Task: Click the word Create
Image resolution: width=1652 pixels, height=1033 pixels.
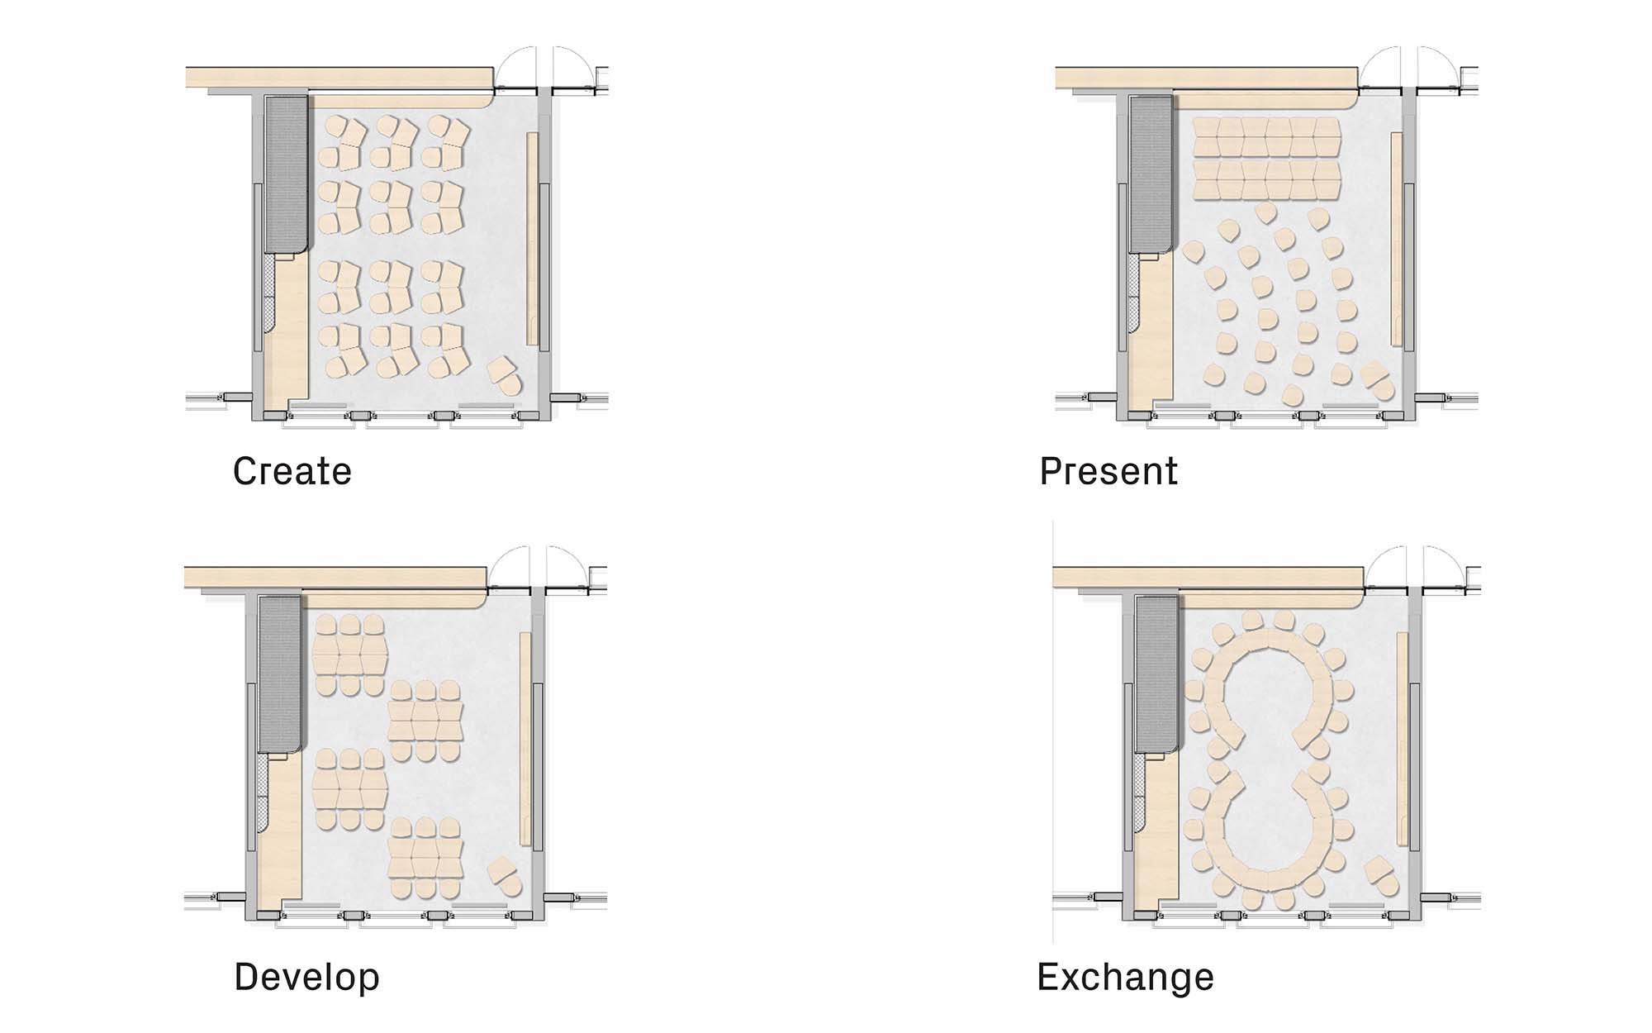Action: click(292, 471)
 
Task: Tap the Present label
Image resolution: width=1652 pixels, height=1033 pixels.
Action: click(1108, 471)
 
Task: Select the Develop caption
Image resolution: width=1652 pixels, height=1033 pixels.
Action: click(307, 977)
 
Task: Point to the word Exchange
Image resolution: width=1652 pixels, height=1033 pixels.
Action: click(1126, 977)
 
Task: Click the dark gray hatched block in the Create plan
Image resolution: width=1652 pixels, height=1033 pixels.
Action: click(286, 174)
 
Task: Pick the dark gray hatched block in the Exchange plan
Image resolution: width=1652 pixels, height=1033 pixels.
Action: click(1156, 674)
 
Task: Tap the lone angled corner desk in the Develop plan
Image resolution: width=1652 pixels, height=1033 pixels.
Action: click(506, 877)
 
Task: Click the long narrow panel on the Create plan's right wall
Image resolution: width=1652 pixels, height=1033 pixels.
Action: click(533, 238)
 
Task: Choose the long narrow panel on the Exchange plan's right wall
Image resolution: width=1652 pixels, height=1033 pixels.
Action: click(1402, 739)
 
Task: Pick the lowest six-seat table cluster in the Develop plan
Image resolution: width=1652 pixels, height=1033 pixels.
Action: click(425, 859)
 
